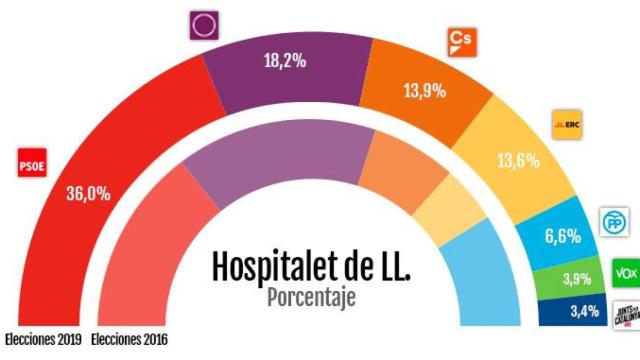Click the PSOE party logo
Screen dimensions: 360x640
(x=33, y=167)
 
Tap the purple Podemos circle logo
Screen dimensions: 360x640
(x=204, y=24)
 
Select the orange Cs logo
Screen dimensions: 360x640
(x=459, y=42)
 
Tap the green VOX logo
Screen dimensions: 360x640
(x=624, y=271)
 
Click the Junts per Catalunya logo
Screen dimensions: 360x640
(x=624, y=313)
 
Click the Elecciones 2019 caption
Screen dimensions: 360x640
(x=43, y=340)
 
